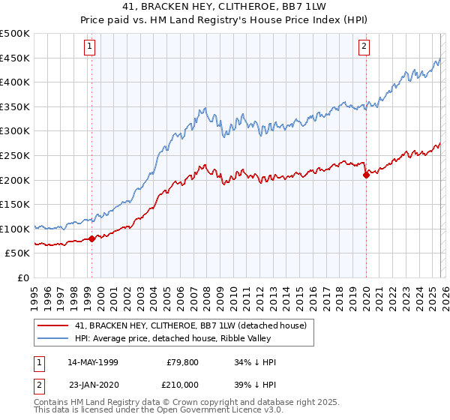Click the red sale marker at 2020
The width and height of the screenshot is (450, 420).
pos(366,175)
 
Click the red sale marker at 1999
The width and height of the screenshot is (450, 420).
pos(91,239)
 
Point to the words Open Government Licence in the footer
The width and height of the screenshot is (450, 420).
pos(191,410)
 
